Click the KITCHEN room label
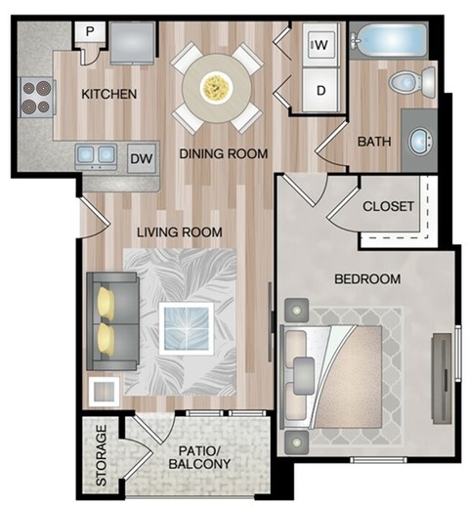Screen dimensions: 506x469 click(108, 94)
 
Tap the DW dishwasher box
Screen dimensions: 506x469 click(141, 156)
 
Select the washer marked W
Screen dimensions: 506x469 click(320, 44)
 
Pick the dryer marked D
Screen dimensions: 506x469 click(320, 93)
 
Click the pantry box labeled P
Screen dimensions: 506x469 click(89, 31)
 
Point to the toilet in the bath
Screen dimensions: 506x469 click(405, 80)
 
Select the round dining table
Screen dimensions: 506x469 click(216, 88)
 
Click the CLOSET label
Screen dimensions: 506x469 click(388, 207)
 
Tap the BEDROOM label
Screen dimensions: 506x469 click(367, 279)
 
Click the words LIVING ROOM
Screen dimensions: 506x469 click(179, 232)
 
